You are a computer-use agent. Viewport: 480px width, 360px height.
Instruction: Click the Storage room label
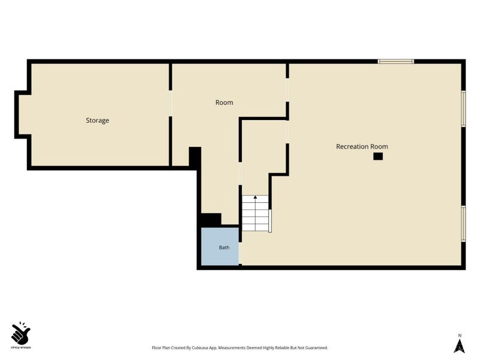pos(97,121)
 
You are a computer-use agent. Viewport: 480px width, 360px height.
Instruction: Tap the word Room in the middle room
pos(224,103)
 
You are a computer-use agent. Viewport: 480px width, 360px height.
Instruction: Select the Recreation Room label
pos(362,146)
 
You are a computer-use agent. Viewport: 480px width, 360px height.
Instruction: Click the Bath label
pos(224,247)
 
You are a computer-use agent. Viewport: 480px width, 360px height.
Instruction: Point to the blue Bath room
pos(220,247)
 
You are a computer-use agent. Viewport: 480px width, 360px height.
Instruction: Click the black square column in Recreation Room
pos(378,156)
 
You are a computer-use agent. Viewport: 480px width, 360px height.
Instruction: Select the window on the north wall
pos(396,62)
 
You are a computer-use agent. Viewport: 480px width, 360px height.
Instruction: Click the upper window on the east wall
pos(463,109)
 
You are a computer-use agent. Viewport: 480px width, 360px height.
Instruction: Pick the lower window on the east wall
pos(463,223)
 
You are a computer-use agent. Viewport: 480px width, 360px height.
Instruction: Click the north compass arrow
pos(460,346)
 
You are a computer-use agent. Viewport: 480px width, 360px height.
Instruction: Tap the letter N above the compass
pos(460,335)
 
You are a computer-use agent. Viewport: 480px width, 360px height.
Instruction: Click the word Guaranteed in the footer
pos(317,348)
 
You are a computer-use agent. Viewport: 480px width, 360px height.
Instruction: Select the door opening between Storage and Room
pos(170,103)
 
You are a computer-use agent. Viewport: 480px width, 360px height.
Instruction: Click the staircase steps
pos(256,213)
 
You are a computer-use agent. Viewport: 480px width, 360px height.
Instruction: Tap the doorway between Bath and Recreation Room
pos(241,253)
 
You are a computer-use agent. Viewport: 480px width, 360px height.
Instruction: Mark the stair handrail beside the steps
pos(270,221)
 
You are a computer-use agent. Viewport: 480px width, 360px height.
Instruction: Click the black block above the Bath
pos(211,220)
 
